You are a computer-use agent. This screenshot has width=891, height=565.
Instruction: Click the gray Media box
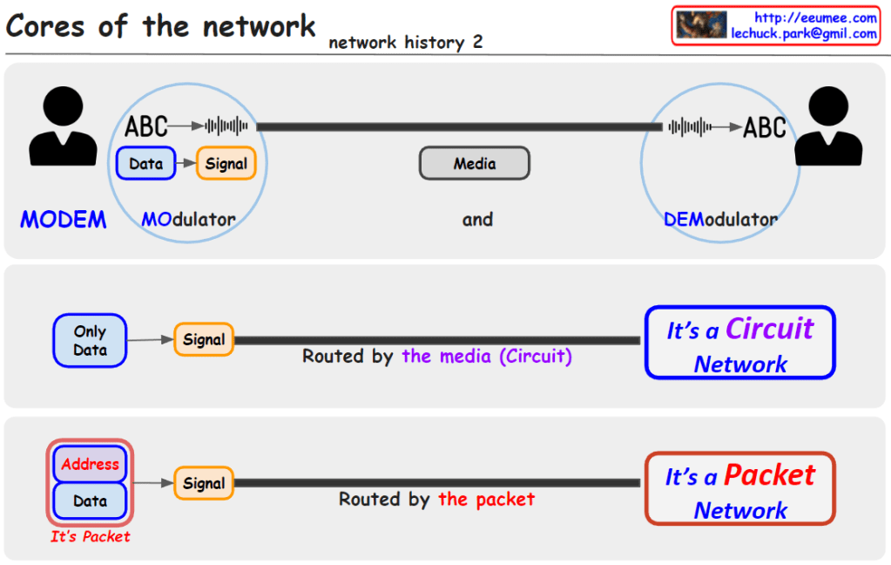[x=475, y=163]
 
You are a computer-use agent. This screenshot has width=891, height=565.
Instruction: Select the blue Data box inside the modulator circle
[x=146, y=163]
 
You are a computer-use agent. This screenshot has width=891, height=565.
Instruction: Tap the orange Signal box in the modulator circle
[x=226, y=163]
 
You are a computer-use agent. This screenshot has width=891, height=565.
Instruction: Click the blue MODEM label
[x=64, y=220]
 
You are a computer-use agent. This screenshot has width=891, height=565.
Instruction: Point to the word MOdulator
[x=188, y=220]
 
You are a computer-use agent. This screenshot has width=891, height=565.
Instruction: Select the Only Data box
[x=90, y=340]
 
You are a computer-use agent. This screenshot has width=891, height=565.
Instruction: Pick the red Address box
[x=91, y=464]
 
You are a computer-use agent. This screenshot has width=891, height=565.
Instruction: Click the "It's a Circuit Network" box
[x=739, y=343]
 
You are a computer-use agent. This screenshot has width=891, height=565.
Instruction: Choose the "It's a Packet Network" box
[x=739, y=489]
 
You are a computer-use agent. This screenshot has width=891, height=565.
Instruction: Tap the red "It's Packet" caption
[x=90, y=537]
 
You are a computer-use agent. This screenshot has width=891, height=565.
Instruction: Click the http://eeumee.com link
[x=815, y=17]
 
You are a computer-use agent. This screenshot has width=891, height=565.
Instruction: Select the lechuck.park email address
[x=804, y=33]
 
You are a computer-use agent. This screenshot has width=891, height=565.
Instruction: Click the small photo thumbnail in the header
[x=702, y=24]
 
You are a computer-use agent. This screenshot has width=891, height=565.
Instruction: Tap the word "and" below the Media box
[x=477, y=220]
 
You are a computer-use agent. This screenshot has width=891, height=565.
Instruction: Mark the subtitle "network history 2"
[x=405, y=42]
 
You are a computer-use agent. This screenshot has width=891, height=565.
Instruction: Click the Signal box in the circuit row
[x=204, y=339]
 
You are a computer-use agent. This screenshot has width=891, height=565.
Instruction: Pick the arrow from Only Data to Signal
[x=151, y=339]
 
